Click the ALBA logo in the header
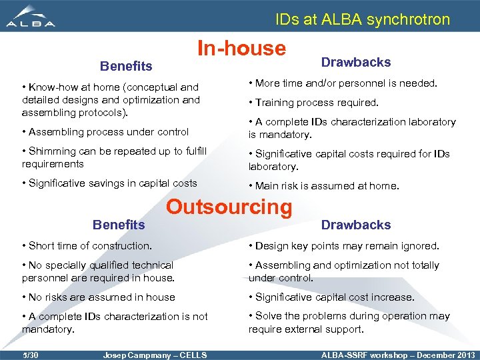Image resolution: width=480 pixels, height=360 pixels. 31,17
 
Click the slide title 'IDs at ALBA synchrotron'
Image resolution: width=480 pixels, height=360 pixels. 363,19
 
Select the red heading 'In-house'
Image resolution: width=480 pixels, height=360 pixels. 241,48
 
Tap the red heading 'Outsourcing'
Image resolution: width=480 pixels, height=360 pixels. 229,207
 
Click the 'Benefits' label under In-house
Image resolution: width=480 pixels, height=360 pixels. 126,66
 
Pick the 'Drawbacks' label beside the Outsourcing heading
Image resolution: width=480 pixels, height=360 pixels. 356,225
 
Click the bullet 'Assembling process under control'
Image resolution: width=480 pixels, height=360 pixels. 105,132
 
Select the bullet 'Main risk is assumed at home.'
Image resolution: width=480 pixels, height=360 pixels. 323,186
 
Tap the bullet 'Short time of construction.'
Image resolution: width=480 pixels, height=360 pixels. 87,245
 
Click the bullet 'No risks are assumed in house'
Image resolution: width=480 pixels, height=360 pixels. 99,297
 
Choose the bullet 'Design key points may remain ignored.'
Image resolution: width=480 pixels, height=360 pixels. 344,245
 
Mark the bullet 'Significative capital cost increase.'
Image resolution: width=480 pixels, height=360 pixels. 331,297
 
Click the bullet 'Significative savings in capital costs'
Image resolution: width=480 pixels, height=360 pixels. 109,183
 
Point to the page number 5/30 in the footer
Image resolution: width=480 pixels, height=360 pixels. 30,355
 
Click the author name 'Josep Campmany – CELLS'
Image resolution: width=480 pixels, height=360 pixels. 155,355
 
